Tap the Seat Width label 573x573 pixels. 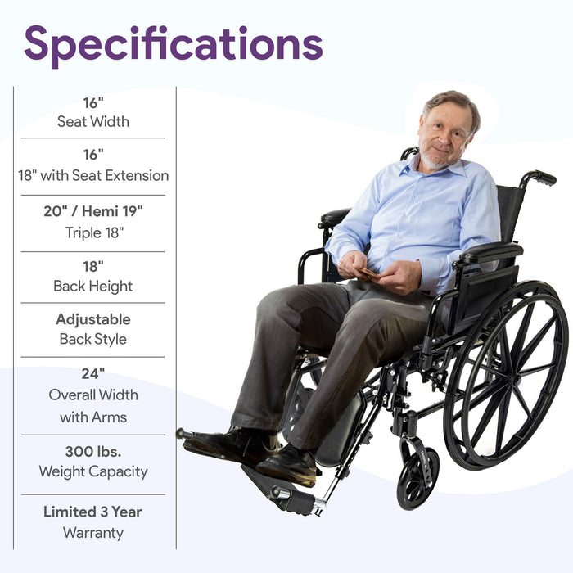92,122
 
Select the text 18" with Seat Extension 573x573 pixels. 92,175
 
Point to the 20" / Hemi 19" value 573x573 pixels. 92,210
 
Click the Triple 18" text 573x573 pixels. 92,232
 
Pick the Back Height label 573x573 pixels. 92,286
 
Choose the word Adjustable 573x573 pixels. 92,318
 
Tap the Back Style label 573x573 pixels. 92,339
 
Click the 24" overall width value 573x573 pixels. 92,373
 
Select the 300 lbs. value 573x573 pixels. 92,451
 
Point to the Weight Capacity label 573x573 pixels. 92,471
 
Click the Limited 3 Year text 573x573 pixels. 92,512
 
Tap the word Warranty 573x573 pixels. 92,533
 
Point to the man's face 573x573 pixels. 444,133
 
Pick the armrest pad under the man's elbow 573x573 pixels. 490,253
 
